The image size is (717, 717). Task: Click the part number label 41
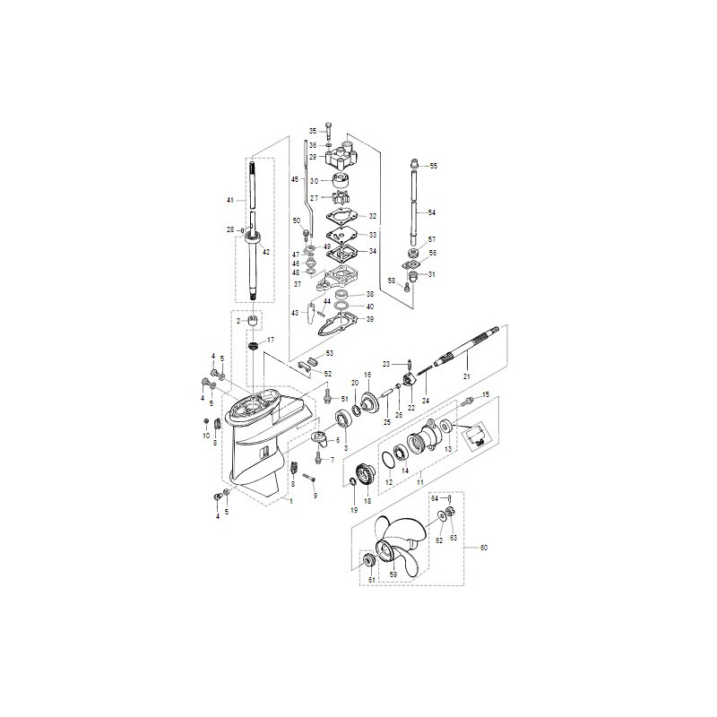[229, 199]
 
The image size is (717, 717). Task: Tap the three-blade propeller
[393, 547]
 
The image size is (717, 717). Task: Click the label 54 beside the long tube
[431, 212]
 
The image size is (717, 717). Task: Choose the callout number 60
[485, 548]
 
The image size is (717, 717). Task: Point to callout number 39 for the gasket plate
[370, 319]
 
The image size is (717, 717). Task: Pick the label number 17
[271, 341]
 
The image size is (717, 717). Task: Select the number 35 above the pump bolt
[314, 131]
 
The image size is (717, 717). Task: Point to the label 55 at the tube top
[434, 167]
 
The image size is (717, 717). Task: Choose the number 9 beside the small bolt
[315, 495]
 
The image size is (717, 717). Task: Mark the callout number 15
[487, 394]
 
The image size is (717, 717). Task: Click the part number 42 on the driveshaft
[266, 252]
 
